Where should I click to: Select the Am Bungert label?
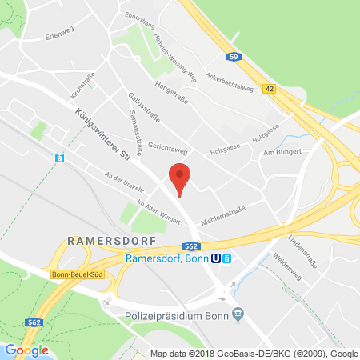tap(284, 151)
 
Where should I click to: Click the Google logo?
tap(26, 350)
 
